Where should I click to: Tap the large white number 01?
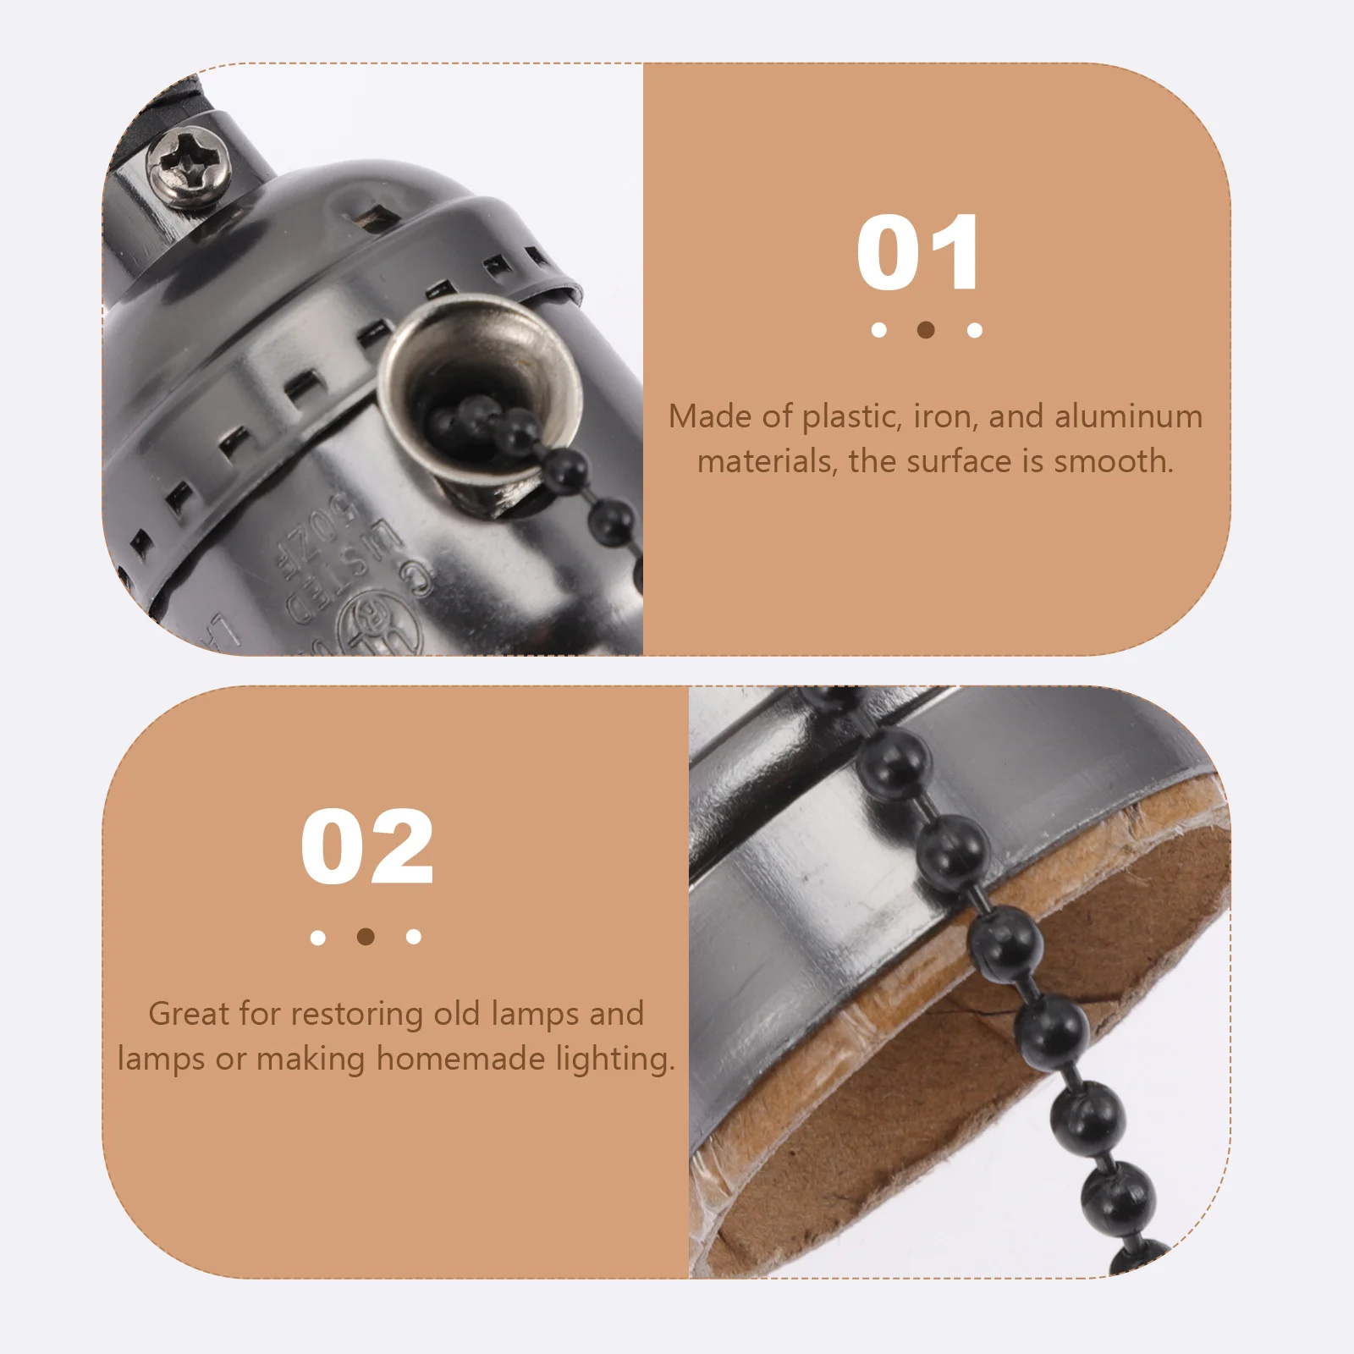(x=918, y=253)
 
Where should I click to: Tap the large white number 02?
(x=367, y=847)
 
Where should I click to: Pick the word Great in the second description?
(x=189, y=1014)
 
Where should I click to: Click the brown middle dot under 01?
(x=926, y=330)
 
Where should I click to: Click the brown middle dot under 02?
(x=366, y=937)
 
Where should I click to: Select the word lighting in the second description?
(x=615, y=1060)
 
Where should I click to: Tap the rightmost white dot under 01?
(x=975, y=330)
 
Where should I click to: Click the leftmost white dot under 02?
(x=318, y=938)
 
